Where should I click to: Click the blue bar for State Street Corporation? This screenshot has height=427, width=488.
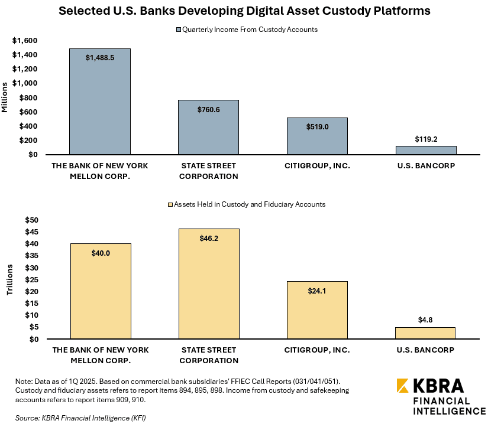pyautogui.click(x=209, y=127)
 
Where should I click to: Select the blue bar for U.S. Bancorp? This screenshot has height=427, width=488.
pyautogui.click(x=425, y=150)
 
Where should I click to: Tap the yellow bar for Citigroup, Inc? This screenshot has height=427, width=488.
pyautogui.click(x=317, y=310)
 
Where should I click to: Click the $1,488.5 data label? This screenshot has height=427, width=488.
pyautogui.click(x=100, y=58)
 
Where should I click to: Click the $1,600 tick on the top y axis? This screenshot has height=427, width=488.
pyautogui.click(x=25, y=40)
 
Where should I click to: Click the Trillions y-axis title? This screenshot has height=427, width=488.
pyautogui.click(x=9, y=280)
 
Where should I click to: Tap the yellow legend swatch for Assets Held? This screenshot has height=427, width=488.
pyautogui.click(x=171, y=204)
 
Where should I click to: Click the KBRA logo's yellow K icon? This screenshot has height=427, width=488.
pyautogui.click(x=403, y=386)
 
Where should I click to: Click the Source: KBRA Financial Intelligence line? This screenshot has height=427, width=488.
pyautogui.click(x=80, y=418)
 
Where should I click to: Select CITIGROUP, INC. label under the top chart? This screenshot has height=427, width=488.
pyautogui.click(x=317, y=166)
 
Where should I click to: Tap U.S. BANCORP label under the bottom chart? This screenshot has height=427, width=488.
pyautogui.click(x=425, y=350)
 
